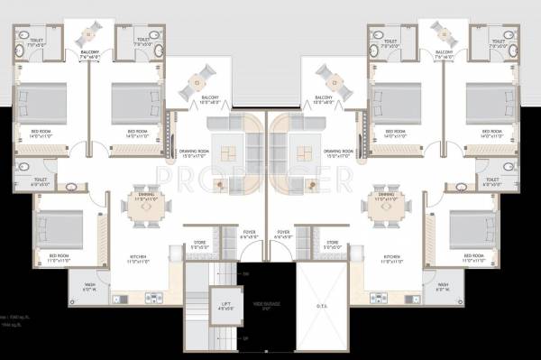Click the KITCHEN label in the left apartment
point(138,258)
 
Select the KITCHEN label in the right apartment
point(391,258)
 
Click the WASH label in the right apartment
point(442,289)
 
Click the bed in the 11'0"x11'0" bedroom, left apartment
point(60,227)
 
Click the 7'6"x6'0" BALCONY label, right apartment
point(445,53)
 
